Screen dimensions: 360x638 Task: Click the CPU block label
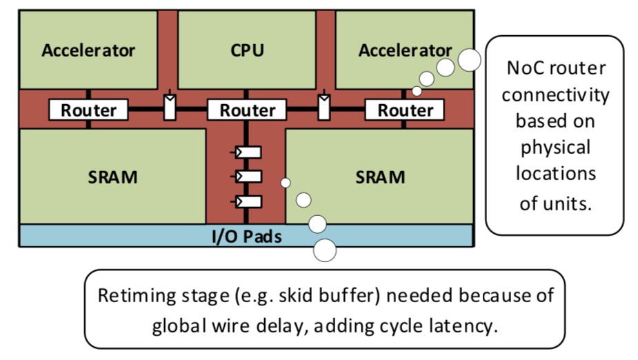tap(247, 50)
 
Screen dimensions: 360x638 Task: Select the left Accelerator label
tap(88, 50)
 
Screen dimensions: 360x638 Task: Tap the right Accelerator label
tap(405, 50)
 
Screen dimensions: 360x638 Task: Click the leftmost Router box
tap(88, 110)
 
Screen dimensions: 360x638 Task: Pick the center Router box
tap(247, 110)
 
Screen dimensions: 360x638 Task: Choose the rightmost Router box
tap(405, 110)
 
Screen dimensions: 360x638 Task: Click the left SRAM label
tap(112, 177)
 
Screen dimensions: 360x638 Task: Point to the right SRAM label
tap(380, 177)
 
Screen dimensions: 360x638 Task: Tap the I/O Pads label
tap(246, 237)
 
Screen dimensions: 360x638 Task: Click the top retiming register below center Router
tap(248, 152)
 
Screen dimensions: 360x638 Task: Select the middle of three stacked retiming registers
tap(248, 176)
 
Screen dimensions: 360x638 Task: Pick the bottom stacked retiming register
tap(248, 201)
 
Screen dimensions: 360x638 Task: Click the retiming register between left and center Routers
tap(169, 108)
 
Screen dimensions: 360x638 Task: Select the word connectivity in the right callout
tap(555, 94)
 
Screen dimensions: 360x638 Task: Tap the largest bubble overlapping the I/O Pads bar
tap(325, 250)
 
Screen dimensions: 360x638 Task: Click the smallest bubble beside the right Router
tap(417, 91)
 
